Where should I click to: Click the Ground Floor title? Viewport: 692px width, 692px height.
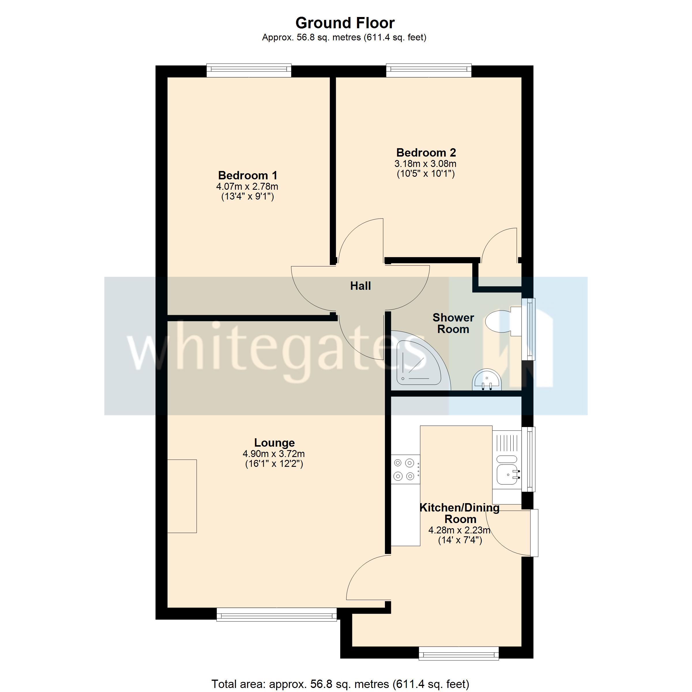point(345,23)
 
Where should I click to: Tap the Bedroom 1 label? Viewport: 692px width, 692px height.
point(247,176)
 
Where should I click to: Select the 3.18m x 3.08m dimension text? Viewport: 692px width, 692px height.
point(426,164)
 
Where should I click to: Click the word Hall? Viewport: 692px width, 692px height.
point(360,286)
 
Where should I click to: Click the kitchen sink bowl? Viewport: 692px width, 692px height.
point(507,475)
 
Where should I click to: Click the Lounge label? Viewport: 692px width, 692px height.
point(274,443)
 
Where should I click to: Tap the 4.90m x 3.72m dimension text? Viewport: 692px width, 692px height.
point(274,454)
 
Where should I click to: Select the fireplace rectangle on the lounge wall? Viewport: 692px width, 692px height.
point(182,496)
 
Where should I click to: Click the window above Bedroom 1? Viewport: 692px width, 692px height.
point(249,71)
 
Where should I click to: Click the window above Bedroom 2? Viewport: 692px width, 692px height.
point(429,71)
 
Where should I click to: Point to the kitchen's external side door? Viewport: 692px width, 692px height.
point(534,533)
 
